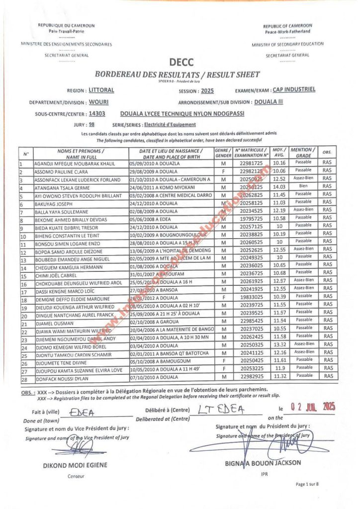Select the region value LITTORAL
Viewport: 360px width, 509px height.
[x=101, y=90]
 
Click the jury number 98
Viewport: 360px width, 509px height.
[x=91, y=125]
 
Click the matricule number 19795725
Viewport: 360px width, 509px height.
[x=248, y=218]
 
